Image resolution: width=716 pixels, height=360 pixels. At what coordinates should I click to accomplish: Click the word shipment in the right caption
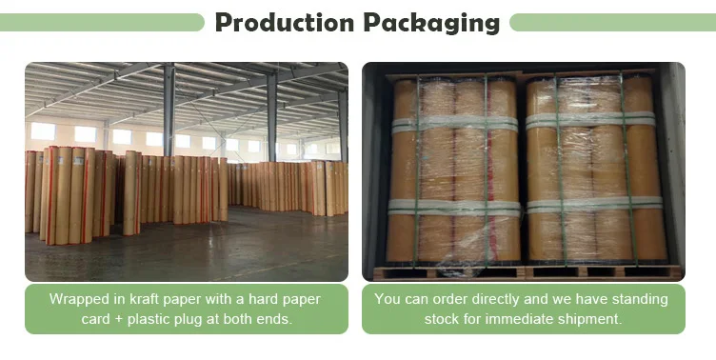pos(591,319)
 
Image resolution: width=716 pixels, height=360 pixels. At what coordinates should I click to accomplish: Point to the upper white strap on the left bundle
pos(454,124)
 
